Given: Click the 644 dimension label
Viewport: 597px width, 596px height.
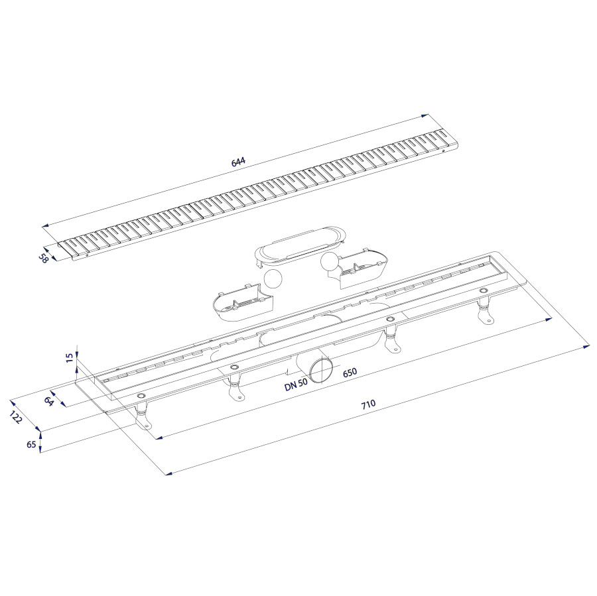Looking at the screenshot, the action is tap(238, 162).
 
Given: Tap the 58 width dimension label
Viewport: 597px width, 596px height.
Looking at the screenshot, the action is tap(43, 259).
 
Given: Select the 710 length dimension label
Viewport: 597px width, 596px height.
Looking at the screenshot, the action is tap(369, 404).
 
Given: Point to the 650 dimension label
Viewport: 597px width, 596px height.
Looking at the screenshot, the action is tap(350, 372).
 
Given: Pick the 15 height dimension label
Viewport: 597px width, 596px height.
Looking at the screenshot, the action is tap(70, 358).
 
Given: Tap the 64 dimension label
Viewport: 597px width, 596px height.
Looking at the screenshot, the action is tap(48, 401).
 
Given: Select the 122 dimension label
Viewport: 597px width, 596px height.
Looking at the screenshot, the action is tap(16, 418).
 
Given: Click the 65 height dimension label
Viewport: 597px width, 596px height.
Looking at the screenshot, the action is tap(32, 444).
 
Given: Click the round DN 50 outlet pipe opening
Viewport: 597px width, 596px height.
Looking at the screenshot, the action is tap(320, 369).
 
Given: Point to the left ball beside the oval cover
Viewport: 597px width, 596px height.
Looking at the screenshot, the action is tap(274, 278).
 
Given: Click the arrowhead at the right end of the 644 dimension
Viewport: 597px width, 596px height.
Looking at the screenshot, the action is tap(425, 116).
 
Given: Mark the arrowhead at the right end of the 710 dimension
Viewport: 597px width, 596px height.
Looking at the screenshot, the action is tap(586, 347).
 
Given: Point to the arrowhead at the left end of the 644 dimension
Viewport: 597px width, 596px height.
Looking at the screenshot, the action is tap(46, 226).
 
